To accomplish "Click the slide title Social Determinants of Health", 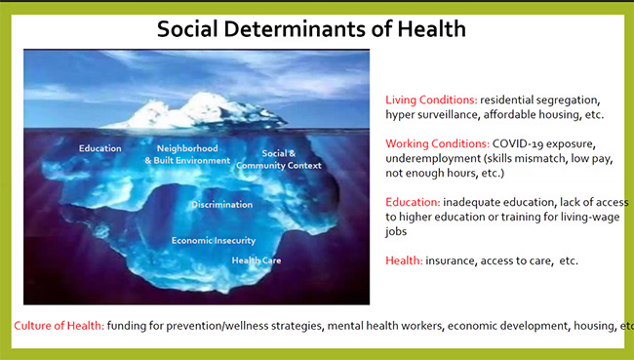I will [x=311, y=29].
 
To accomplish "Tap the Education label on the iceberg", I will [x=100, y=148].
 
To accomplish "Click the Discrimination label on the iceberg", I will [x=222, y=205].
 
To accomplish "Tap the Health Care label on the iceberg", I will [x=257, y=260].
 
